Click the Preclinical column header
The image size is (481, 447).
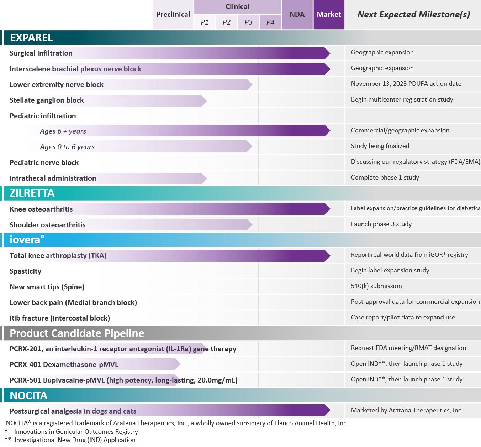pyautogui.click(x=173, y=15)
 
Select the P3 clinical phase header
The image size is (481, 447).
pyautogui.click(x=248, y=22)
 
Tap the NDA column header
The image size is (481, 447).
pyautogui.click(x=297, y=15)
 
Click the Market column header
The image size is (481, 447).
pyautogui.click(x=329, y=15)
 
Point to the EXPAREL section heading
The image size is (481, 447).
pyautogui.click(x=31, y=38)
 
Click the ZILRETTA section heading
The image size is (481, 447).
pyautogui.click(x=32, y=193)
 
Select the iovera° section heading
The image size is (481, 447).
pyautogui.click(x=27, y=240)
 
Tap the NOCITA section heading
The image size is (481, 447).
pyautogui.click(x=28, y=396)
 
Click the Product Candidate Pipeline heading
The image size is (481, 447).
pyautogui.click(x=77, y=333)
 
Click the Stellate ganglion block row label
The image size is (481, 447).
pyautogui.click(x=47, y=100)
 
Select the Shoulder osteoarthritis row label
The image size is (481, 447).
pyautogui.click(x=48, y=225)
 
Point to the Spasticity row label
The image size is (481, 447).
pyautogui.click(x=26, y=271)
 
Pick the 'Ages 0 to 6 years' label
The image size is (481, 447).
pyautogui.click(x=67, y=147)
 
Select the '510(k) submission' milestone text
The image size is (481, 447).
pyautogui.click(x=376, y=286)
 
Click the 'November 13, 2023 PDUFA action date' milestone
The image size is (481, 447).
pyautogui.click(x=406, y=84)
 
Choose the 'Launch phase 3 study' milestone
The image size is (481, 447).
pyautogui.click(x=381, y=224)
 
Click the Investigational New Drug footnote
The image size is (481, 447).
pyautogui.click(x=75, y=440)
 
